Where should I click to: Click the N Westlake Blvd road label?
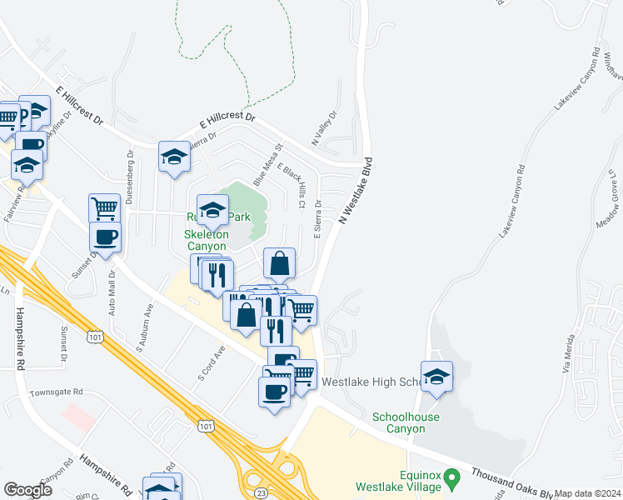(x=355, y=190)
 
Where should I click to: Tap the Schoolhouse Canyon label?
(x=406, y=422)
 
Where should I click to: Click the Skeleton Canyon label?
(x=206, y=241)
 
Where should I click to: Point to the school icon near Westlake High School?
(x=436, y=377)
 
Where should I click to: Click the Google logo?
(x=28, y=490)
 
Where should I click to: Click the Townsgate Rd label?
(x=57, y=392)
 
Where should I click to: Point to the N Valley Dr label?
(x=324, y=129)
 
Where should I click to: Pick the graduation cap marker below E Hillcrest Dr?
(x=174, y=156)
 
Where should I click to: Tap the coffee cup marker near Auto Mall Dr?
(x=105, y=237)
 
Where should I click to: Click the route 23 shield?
(x=262, y=492)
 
